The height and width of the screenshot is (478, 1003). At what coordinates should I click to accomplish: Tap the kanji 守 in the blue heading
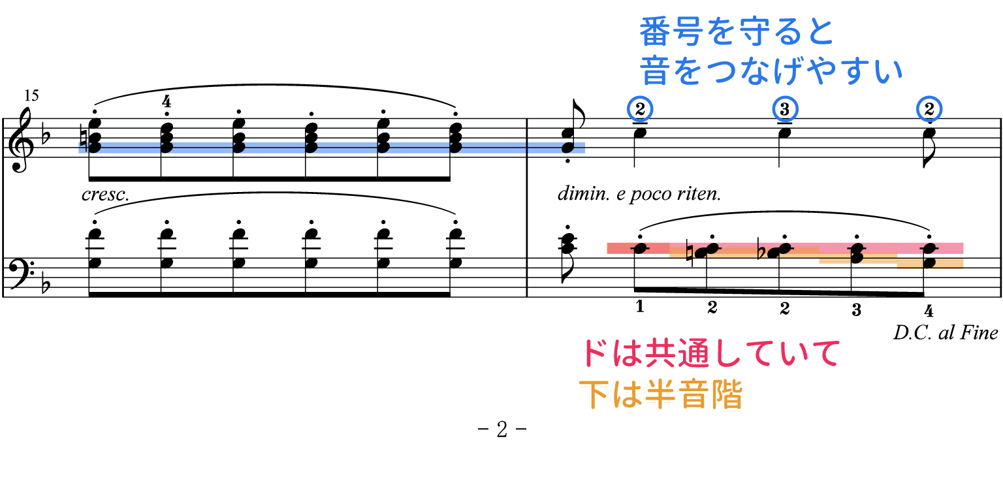(752, 32)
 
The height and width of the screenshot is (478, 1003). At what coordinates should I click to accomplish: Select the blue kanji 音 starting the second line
(655, 71)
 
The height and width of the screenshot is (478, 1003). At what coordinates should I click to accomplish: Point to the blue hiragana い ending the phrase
(888, 71)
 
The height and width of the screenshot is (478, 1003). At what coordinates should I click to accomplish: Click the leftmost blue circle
(640, 109)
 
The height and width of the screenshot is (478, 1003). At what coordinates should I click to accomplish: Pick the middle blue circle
(785, 109)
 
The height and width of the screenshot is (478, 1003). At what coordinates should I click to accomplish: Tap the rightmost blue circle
(929, 109)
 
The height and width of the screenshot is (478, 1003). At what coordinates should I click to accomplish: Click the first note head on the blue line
(95, 148)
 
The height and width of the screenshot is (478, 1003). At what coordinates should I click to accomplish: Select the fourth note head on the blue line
(311, 148)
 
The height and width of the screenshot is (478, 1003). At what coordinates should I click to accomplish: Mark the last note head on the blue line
(568, 148)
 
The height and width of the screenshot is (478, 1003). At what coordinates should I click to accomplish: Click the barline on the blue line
(527, 148)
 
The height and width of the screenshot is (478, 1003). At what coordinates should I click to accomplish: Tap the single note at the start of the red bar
(640, 248)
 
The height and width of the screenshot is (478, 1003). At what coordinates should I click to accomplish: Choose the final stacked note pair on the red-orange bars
(929, 255)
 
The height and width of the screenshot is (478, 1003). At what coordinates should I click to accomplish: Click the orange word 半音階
(693, 394)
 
